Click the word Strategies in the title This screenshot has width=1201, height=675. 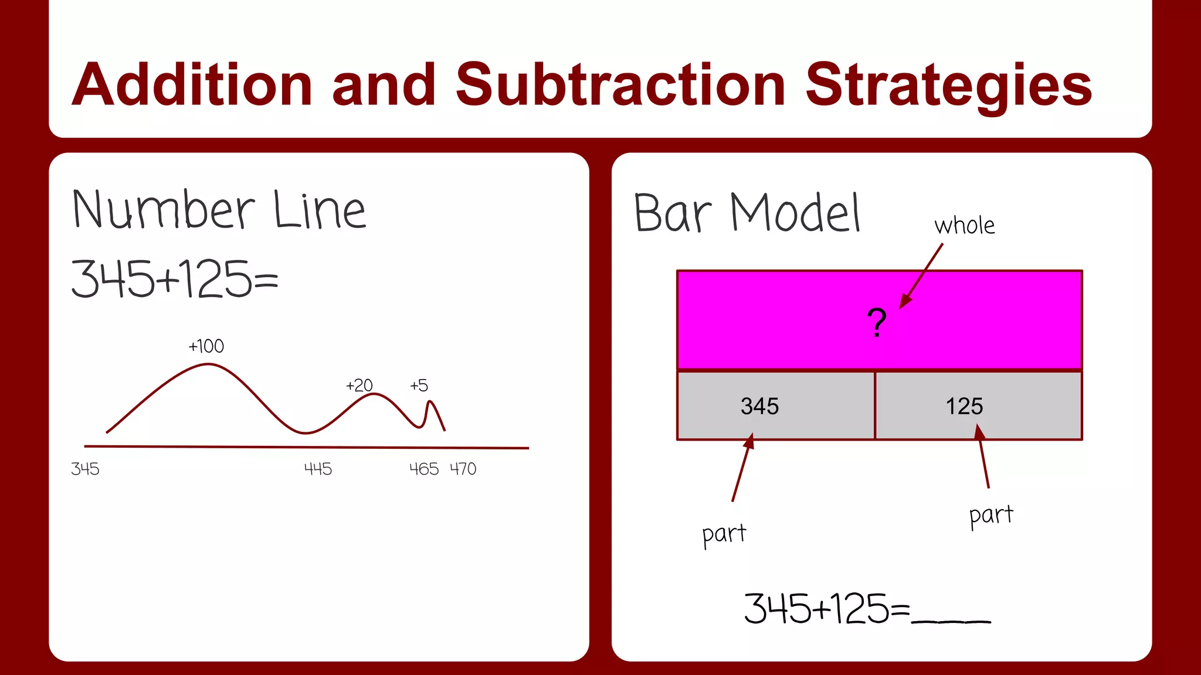[x=948, y=86]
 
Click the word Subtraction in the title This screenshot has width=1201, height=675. [x=620, y=86]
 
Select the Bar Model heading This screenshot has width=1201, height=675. [x=747, y=213]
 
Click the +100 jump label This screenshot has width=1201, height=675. [x=206, y=346]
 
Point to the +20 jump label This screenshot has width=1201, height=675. [x=359, y=386]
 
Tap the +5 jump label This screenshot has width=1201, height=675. [x=419, y=386]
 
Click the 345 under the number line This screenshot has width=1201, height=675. [x=85, y=469]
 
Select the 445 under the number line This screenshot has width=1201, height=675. [x=318, y=469]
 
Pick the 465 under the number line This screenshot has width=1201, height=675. [x=423, y=469]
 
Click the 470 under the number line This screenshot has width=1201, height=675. [x=463, y=469]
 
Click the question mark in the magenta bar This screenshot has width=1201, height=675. [x=877, y=322]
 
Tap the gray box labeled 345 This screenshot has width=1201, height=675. [x=775, y=405]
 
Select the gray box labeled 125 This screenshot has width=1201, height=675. [x=978, y=405]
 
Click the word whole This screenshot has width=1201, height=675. [x=964, y=226]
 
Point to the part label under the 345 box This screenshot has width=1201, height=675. [x=724, y=534]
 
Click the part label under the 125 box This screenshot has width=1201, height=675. [x=990, y=515]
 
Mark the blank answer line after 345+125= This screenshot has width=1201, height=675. [x=951, y=620]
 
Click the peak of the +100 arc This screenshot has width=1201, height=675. [x=208, y=364]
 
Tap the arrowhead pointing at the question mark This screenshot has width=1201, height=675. [x=905, y=302]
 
